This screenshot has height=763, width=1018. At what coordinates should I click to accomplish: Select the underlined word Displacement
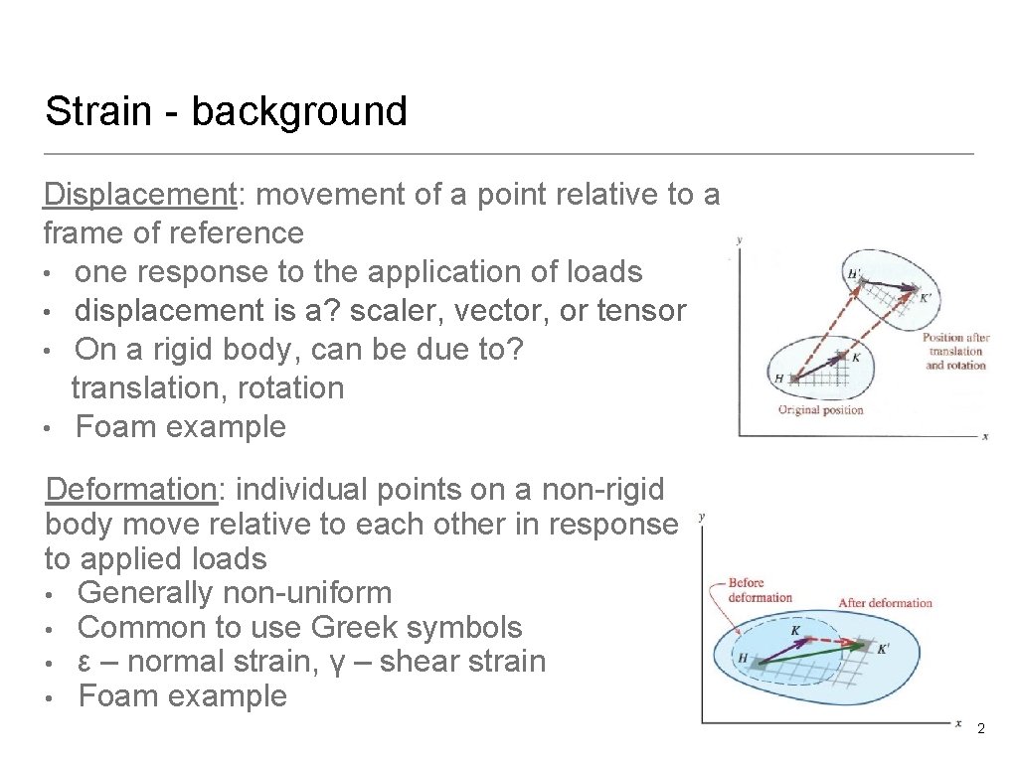click(x=140, y=195)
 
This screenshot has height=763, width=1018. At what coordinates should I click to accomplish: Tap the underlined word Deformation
click(x=131, y=490)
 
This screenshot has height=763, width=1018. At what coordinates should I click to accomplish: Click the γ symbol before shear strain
click(x=342, y=663)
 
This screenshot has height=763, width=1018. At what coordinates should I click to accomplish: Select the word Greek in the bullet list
click(x=348, y=628)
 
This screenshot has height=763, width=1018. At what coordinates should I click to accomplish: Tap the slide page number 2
click(x=981, y=729)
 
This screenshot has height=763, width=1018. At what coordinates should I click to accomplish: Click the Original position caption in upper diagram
click(x=820, y=409)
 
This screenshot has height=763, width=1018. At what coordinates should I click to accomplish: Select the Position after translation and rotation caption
click(x=955, y=352)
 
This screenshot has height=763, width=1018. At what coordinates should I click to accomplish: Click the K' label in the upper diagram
click(x=927, y=297)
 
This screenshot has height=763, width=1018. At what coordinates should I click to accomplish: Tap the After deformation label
click(x=885, y=603)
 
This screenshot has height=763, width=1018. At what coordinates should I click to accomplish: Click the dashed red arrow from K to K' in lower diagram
click(x=843, y=643)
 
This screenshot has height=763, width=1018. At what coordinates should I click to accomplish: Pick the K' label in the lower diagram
click(x=883, y=650)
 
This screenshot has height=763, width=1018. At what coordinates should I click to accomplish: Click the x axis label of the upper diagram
click(x=984, y=436)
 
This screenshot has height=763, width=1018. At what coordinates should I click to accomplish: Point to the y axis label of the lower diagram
click(x=702, y=517)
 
